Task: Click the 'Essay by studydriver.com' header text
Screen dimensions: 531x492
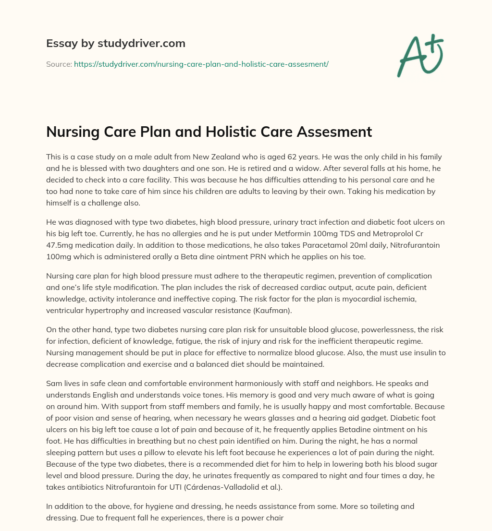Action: point(115,44)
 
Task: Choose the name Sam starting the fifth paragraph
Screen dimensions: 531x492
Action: point(53,384)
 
